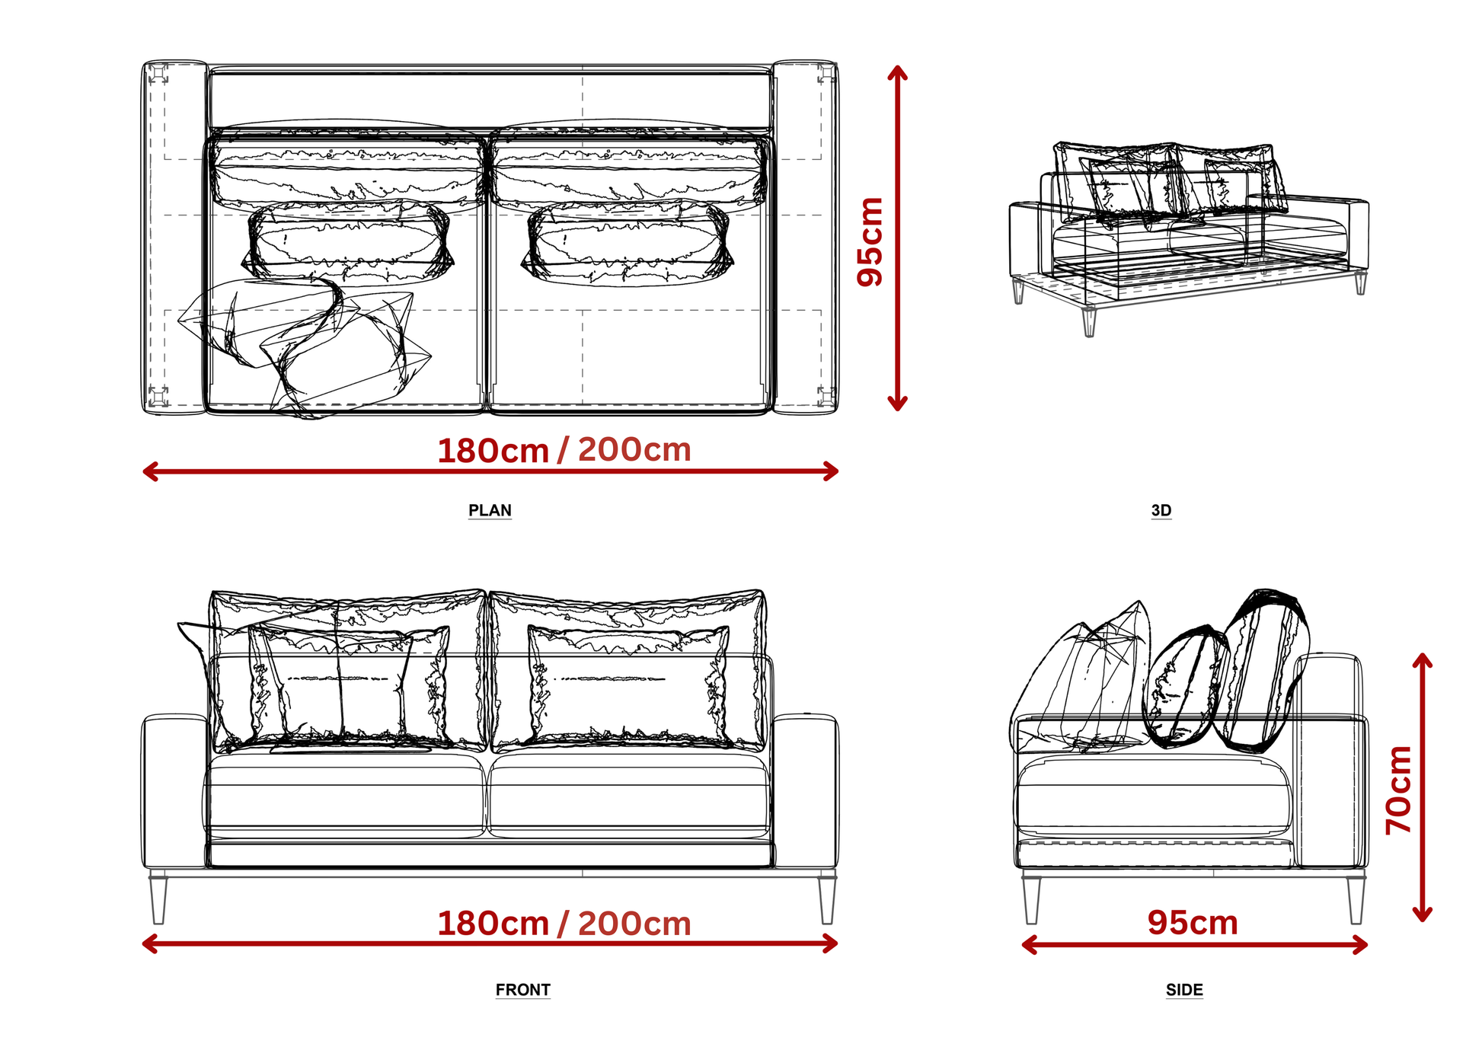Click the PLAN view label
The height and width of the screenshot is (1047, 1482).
point(490,510)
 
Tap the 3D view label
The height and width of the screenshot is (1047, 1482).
point(1161,510)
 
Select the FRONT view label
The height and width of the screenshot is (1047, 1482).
point(522,990)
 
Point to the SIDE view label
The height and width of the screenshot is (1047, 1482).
point(1184,990)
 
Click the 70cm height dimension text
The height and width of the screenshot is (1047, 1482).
point(1400,790)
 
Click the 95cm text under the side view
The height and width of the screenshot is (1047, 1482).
point(1193,923)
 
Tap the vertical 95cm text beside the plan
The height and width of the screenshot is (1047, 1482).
point(870,242)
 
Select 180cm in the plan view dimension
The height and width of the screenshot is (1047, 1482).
point(493,451)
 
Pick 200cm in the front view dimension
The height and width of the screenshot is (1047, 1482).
point(634,924)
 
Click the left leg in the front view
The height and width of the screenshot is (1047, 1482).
point(158,899)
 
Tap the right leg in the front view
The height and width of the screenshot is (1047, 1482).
point(827,899)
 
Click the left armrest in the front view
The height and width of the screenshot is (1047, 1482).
point(174,791)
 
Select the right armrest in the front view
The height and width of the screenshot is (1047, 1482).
point(806,791)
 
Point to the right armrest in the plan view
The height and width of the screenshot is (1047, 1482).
point(805,238)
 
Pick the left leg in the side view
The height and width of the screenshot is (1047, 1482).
point(1031,899)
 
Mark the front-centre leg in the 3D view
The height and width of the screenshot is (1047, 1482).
point(1089,321)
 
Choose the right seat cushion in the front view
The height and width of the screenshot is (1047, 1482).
point(629,796)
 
